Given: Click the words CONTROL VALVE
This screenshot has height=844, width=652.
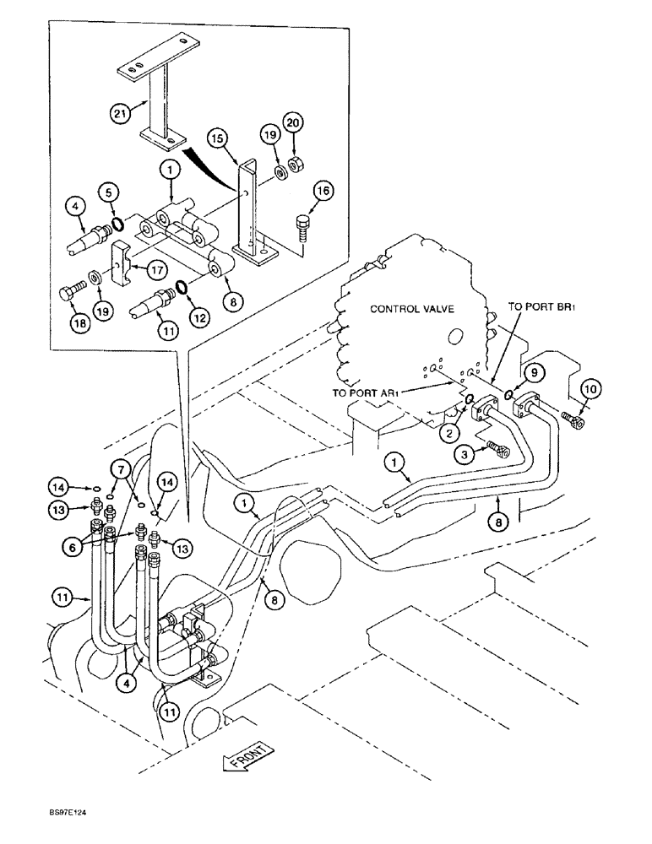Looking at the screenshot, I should click(411, 309).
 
